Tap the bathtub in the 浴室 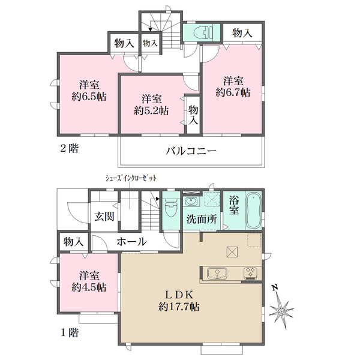(253, 211)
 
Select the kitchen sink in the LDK (217, 274)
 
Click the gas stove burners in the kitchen (250, 273)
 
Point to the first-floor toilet (171, 206)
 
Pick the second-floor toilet (203, 32)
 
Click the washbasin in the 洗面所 (191, 202)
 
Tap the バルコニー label (191, 151)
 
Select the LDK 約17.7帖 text (179, 301)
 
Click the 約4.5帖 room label (89, 282)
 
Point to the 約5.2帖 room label (152, 105)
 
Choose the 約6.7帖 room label (233, 87)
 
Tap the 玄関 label (104, 216)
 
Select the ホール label (131, 242)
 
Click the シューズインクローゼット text (131, 178)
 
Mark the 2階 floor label (70, 149)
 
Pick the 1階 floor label (70, 332)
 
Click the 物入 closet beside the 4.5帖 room (73, 242)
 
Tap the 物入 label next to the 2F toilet (242, 33)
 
